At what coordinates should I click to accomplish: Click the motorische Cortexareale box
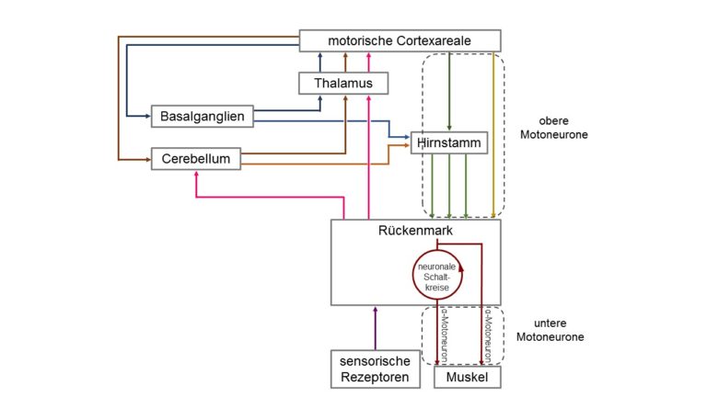click(x=400, y=40)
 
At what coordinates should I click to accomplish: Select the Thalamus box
click(x=343, y=84)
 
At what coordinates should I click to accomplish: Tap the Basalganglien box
click(x=202, y=116)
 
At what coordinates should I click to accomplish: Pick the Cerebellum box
click(x=196, y=158)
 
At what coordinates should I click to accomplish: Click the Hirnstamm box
click(x=449, y=142)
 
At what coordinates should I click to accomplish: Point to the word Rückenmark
click(x=415, y=231)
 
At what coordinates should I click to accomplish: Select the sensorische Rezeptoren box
click(x=376, y=369)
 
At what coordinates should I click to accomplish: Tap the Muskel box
click(x=467, y=377)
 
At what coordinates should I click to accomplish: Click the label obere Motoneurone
click(x=553, y=128)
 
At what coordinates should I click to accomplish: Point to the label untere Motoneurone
click(x=551, y=330)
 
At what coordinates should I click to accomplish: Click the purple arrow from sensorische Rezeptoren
click(x=376, y=328)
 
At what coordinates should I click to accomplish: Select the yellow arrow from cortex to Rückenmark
click(x=493, y=135)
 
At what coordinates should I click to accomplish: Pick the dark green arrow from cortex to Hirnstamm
click(x=449, y=91)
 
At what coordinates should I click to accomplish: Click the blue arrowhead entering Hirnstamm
click(x=407, y=137)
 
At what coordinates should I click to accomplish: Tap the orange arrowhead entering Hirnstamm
click(x=407, y=145)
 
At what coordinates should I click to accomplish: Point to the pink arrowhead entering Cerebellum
click(x=196, y=174)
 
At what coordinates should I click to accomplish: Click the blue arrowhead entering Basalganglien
click(x=147, y=116)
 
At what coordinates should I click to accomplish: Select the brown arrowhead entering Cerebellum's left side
click(x=147, y=159)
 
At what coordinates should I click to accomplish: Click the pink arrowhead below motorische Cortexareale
click(x=369, y=55)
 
